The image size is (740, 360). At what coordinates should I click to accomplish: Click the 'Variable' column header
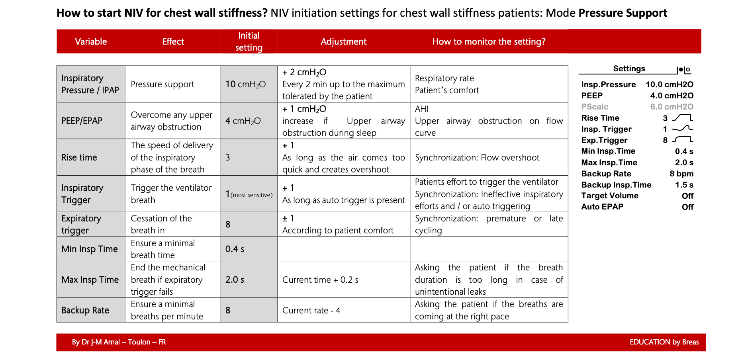pyautogui.click(x=91, y=41)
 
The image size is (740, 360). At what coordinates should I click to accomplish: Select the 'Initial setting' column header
pyautogui.click(x=249, y=41)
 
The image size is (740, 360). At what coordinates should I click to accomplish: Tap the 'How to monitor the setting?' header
pyautogui.click(x=489, y=41)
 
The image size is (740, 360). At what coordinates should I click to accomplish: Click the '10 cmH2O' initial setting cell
pyautogui.click(x=245, y=84)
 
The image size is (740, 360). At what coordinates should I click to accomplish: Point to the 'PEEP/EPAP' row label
pyautogui.click(x=82, y=121)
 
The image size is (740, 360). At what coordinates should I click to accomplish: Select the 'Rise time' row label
pyautogui.click(x=79, y=157)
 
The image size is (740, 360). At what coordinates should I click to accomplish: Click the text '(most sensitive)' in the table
pyautogui.click(x=252, y=195)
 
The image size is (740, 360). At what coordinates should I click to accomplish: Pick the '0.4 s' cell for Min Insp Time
pyautogui.click(x=235, y=249)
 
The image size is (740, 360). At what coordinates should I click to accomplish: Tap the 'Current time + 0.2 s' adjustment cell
pyautogui.click(x=320, y=280)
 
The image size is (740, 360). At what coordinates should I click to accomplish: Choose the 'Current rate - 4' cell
pyautogui.click(x=311, y=311)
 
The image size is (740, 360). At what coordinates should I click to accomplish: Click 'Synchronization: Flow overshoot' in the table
pyautogui.click(x=477, y=158)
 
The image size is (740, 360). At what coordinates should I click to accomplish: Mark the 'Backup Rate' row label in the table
pyautogui.click(x=85, y=310)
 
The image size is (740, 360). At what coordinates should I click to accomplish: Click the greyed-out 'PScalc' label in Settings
pyautogui.click(x=595, y=107)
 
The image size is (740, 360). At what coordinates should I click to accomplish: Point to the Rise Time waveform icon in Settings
pyautogui.click(x=682, y=118)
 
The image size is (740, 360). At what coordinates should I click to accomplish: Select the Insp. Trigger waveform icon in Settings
pyautogui.click(x=682, y=129)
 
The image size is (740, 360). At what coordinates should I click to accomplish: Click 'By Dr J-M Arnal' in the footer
pyautogui.click(x=96, y=342)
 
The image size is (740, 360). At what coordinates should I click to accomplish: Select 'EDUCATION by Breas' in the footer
pyautogui.click(x=664, y=342)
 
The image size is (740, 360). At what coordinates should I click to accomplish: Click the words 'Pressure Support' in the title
pyautogui.click(x=623, y=13)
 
